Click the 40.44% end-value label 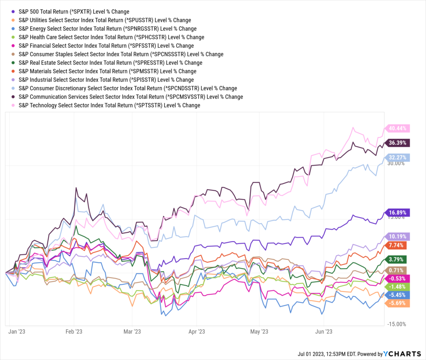[398, 128]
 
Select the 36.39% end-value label [398, 143]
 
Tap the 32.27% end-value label [398, 158]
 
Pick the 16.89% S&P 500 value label [398, 212]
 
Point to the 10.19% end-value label [398, 236]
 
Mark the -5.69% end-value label [398, 303]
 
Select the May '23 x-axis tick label [259, 331]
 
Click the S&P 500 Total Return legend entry [71, 12]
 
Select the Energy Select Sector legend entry [104, 29]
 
